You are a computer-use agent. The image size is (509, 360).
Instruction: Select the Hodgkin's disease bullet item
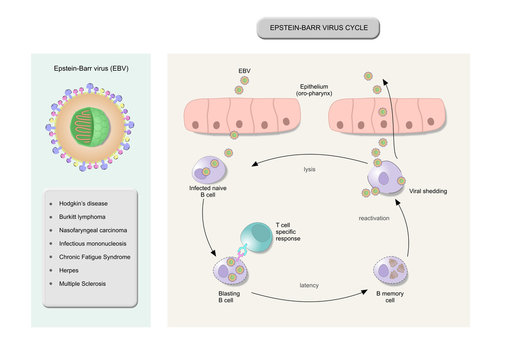point(83,202)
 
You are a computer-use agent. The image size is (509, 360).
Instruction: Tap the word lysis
point(311,169)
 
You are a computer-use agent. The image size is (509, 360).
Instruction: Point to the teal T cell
point(254,236)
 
